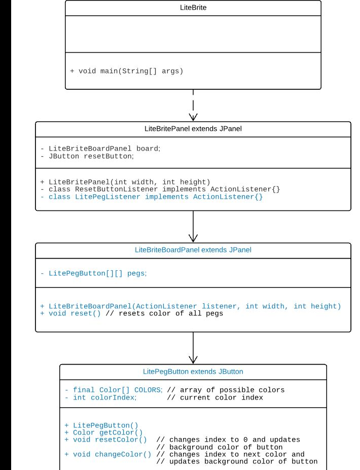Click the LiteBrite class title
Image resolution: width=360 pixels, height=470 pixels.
193,8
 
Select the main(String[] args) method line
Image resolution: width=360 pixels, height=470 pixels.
127,71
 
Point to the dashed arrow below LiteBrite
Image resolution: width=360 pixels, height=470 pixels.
193,105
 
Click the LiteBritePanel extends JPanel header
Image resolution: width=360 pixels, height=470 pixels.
193,129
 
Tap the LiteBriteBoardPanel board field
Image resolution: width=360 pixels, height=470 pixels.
100,149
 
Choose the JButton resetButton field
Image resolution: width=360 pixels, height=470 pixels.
87,156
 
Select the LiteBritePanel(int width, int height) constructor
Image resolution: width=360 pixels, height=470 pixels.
125,182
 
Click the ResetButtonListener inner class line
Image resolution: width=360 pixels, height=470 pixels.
160,189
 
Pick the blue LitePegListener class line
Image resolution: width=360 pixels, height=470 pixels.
152,197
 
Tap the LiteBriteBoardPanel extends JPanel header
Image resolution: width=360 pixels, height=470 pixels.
193,250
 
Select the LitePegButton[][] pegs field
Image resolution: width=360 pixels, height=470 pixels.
94,273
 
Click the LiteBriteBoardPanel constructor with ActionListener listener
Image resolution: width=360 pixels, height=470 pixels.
191,306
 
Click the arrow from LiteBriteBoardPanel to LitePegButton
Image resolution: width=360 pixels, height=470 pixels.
193,348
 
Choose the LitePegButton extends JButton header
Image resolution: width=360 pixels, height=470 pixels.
193,372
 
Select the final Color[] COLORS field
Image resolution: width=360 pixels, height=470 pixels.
114,390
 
